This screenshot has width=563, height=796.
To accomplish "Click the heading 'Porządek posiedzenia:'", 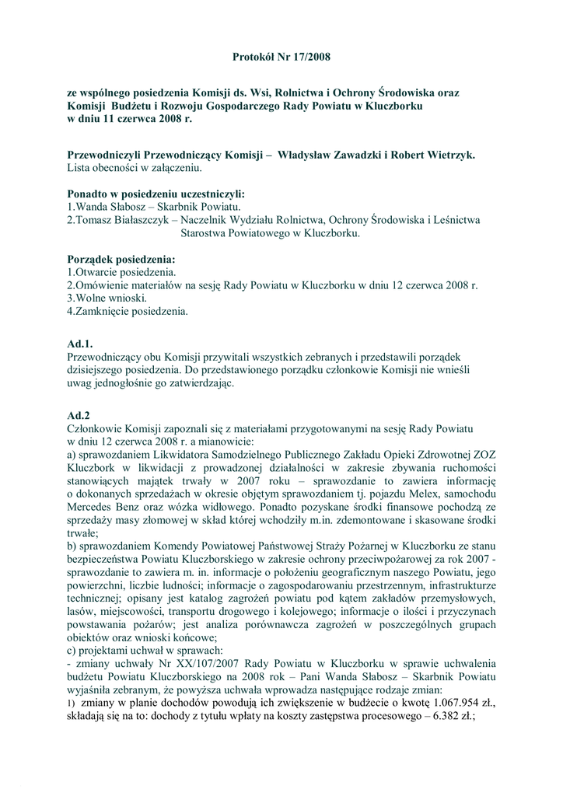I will [121, 260].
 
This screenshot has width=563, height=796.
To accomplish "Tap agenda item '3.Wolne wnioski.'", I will [107, 298].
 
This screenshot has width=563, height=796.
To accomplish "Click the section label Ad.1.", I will [80, 343].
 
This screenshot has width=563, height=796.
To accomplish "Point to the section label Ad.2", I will [79, 415].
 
